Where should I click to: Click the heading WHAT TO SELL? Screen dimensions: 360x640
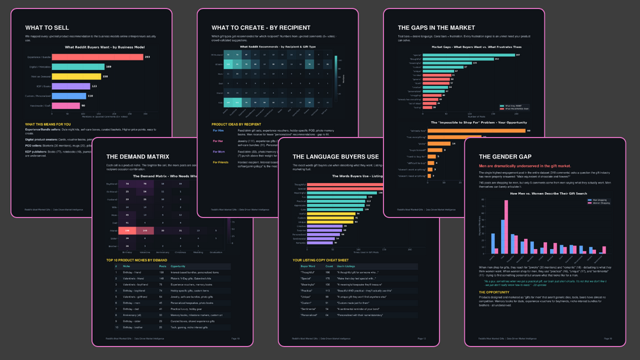(48, 28)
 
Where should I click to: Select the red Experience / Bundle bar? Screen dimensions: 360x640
(97, 57)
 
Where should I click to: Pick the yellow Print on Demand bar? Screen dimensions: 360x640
(76, 76)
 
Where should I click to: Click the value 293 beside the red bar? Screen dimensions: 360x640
(147, 57)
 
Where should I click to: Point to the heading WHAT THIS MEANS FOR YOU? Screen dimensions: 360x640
(48, 124)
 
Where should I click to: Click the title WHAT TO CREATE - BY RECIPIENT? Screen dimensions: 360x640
(260, 28)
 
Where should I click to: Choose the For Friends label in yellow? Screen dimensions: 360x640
(220, 162)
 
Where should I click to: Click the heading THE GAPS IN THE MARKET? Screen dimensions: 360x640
(436, 28)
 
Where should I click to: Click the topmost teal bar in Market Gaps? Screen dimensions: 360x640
(468, 55)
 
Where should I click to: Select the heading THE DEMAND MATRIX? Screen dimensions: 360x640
(138, 157)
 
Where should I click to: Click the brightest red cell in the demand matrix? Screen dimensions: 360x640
(128, 231)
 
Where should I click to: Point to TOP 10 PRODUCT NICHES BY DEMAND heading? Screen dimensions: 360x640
(136, 260)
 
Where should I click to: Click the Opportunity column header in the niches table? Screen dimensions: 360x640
(178, 266)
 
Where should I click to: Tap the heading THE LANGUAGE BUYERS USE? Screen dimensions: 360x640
(336, 157)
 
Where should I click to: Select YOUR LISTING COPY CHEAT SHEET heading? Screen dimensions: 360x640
(320, 260)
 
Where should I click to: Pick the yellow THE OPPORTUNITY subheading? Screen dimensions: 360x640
(494, 292)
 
